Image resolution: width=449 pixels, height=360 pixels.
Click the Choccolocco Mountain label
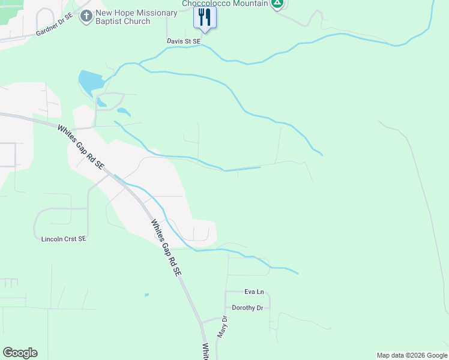225,3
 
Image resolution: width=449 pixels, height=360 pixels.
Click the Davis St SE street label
184,41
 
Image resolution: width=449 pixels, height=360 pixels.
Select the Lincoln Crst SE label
64,239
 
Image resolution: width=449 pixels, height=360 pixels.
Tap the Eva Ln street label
254,292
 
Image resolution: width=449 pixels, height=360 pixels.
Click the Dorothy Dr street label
248,308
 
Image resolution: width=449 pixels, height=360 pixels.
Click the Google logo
20,353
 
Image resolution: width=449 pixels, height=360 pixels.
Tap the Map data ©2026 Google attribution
412,356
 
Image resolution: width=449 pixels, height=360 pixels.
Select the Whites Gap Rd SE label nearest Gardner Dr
80,146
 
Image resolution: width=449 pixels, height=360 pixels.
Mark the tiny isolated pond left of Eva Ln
146,295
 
